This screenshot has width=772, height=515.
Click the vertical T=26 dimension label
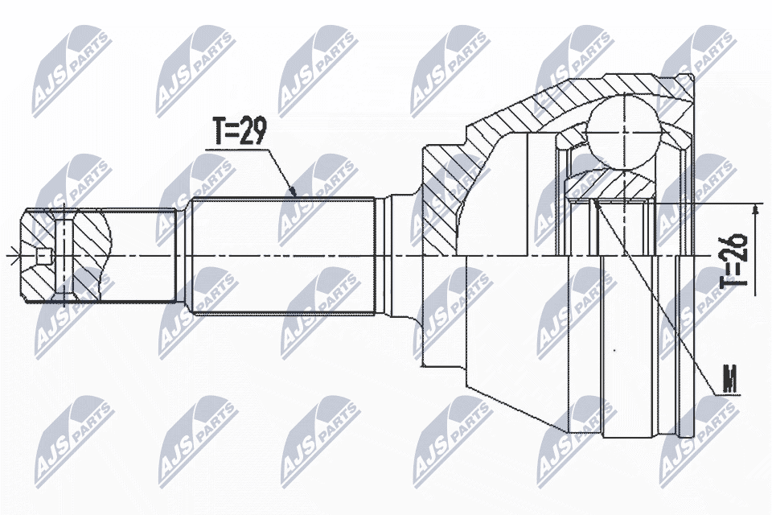coord(735,261)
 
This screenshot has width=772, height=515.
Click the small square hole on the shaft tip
coord(44,257)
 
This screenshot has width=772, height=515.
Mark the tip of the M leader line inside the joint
coord(595,203)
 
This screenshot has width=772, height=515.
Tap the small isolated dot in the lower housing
coord(613,350)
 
